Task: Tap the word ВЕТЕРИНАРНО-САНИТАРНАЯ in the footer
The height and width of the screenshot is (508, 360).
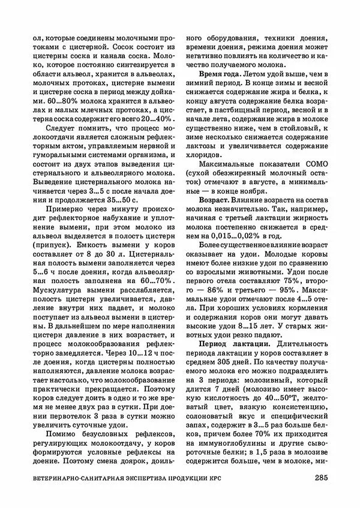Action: pos(76,479)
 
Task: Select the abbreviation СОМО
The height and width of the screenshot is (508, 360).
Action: pos(315,169)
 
